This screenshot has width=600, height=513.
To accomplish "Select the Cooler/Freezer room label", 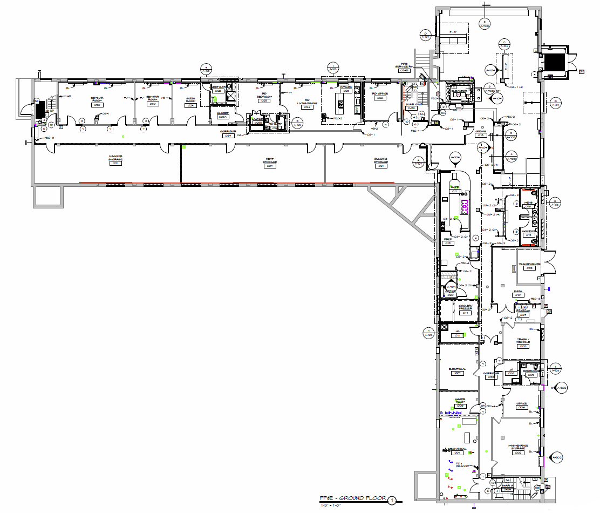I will coord(465,309).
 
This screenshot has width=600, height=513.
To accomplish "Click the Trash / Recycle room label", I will coord(522,343).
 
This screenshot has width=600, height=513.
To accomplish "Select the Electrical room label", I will coord(457,371).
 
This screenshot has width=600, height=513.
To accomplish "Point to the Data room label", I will coord(518,293).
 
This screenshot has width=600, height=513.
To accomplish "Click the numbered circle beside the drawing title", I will coord(392,501).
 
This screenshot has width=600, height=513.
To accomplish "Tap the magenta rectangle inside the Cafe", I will coord(464,205).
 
